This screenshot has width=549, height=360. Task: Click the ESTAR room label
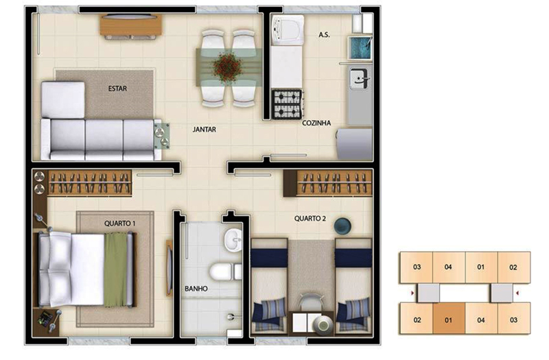[x=117, y=88]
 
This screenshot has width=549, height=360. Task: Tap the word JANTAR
[x=204, y=130]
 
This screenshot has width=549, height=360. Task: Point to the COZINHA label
[x=316, y=123]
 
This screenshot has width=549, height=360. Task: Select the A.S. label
[x=324, y=35]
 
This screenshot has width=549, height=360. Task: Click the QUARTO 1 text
[x=119, y=224]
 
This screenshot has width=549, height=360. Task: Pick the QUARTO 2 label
[x=310, y=219]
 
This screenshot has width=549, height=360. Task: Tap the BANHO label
[x=196, y=289]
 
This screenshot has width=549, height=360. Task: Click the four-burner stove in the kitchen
[x=287, y=104]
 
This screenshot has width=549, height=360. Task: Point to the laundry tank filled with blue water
[x=360, y=47]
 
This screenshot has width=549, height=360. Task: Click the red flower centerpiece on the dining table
[x=228, y=67]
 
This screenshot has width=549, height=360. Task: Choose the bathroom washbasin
[x=233, y=240]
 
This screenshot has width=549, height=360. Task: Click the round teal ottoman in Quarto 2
[x=342, y=226]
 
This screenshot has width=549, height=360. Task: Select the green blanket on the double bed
[x=115, y=270]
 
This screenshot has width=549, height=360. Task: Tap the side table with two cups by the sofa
[x=162, y=136]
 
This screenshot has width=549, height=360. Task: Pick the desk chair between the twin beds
[x=311, y=302]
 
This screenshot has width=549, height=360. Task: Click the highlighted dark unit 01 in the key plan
[x=449, y=319]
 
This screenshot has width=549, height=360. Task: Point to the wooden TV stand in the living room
[x=131, y=25]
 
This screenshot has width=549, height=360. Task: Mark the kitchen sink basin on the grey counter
[x=360, y=79]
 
